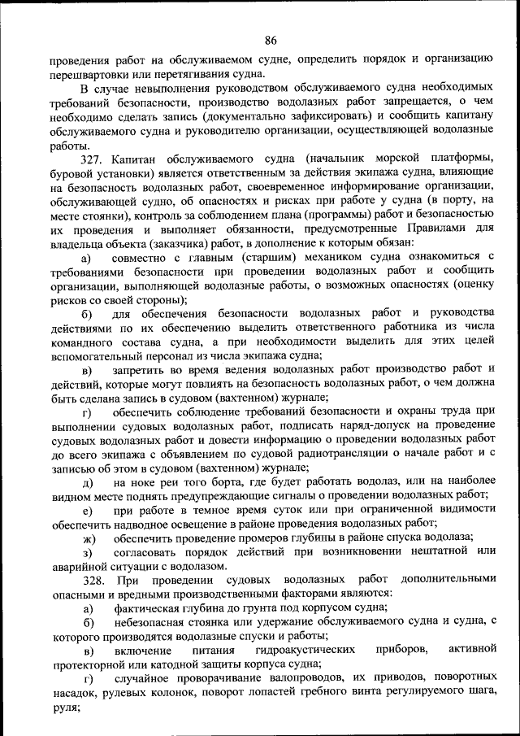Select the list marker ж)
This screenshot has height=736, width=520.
(89, 538)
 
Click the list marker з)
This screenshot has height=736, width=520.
(88, 552)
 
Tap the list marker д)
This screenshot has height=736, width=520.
(88, 482)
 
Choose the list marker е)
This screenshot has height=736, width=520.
(88, 510)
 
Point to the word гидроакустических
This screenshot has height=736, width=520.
(305, 651)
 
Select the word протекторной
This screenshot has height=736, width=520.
(83, 664)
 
